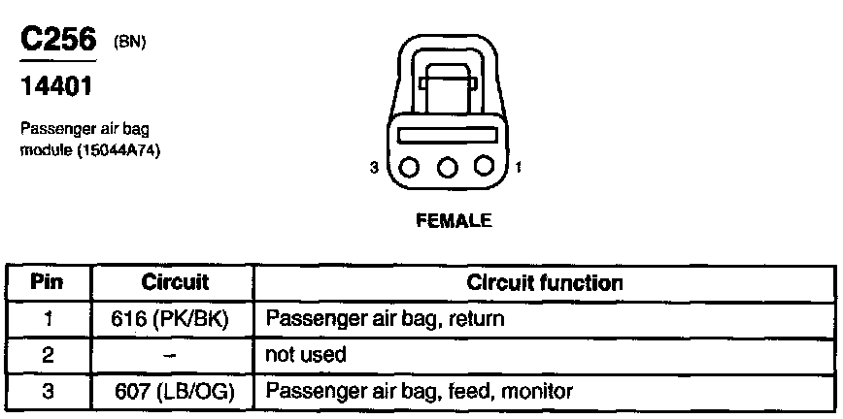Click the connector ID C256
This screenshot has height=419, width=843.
click(57, 42)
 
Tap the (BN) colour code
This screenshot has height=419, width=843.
click(130, 43)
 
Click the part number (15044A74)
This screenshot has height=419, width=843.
click(118, 151)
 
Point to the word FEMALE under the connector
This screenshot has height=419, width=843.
click(454, 220)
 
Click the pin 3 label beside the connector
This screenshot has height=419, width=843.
click(374, 168)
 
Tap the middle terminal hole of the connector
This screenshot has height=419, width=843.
click(447, 167)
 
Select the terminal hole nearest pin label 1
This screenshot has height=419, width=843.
click(485, 167)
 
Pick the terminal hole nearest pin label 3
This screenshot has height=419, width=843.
click(409, 167)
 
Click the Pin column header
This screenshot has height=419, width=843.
click(48, 283)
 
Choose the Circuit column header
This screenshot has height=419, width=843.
click(175, 283)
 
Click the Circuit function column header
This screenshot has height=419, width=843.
click(544, 283)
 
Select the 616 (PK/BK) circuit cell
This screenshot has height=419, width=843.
click(175, 318)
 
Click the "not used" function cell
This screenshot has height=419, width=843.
click(305, 355)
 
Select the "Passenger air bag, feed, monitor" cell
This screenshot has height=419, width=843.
click(420, 392)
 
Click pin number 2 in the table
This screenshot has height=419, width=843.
click(48, 355)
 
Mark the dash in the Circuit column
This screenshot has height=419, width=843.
click(171, 356)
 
